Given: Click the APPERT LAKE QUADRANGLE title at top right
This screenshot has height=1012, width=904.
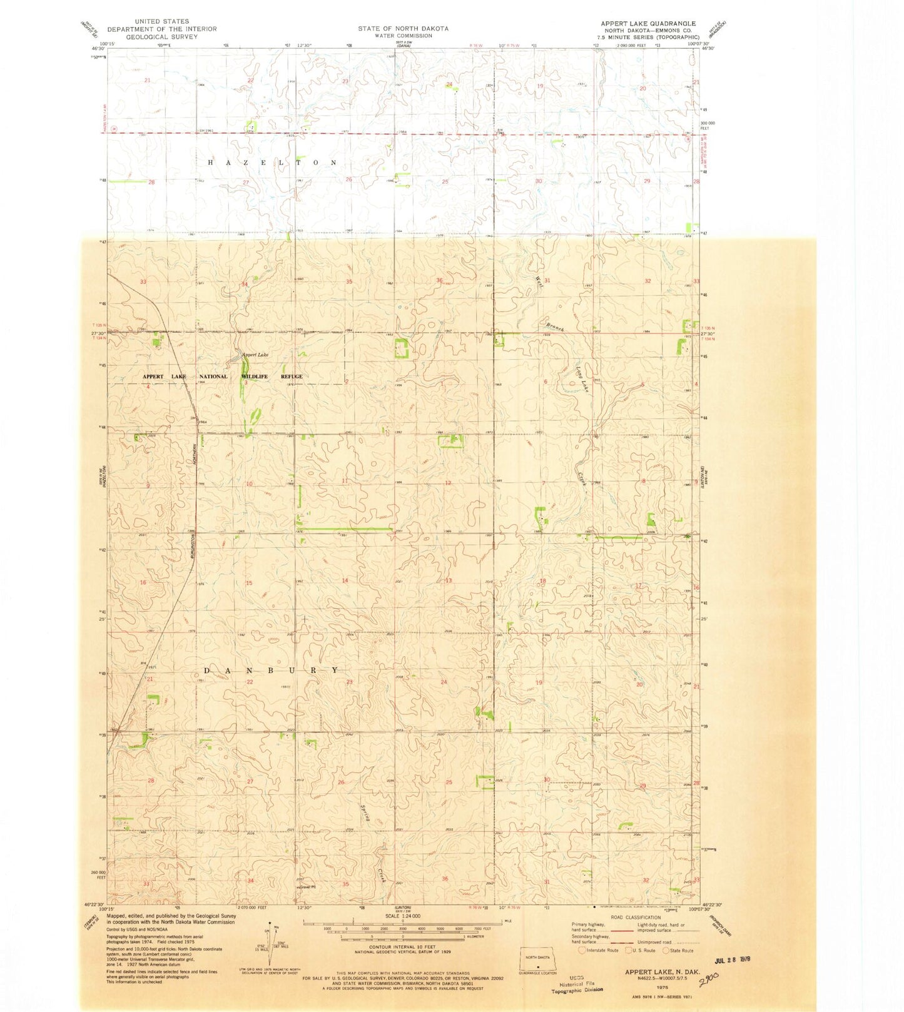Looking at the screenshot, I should click(648, 24).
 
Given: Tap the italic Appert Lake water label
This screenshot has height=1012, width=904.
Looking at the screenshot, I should click(255, 355).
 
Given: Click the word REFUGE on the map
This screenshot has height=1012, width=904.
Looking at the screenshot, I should click(292, 377).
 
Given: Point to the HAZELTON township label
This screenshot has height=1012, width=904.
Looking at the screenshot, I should click(272, 163).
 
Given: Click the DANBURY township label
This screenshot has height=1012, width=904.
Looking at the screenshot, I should click(272, 670).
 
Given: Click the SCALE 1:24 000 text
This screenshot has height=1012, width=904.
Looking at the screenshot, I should click(402, 916).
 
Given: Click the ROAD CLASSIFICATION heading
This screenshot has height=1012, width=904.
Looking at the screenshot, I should click(634, 918).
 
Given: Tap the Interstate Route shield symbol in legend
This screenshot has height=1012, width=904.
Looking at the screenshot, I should click(582, 950).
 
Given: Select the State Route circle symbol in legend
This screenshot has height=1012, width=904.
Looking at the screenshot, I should click(666, 950).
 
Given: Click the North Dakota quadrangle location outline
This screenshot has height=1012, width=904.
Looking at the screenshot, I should click(537, 958).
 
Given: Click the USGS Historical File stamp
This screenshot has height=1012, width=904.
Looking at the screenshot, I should click(577, 983).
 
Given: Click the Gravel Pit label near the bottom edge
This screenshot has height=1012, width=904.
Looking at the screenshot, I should click(306, 886).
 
